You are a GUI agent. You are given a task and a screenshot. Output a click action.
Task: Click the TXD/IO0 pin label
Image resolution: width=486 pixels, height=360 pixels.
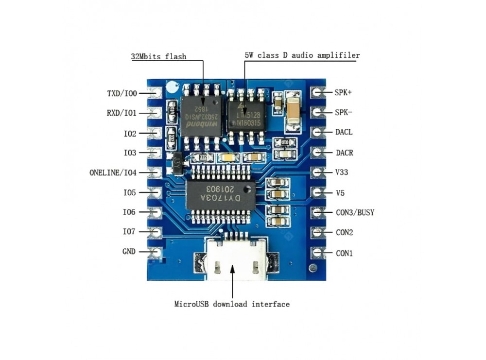click(122, 93)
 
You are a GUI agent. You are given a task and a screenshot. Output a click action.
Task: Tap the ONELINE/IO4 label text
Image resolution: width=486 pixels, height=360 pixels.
click(113, 172)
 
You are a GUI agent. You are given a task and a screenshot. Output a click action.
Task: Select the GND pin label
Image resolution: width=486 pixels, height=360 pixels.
click(129, 252)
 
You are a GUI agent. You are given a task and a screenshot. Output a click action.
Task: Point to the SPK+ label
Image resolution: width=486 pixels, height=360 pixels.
click(344, 92)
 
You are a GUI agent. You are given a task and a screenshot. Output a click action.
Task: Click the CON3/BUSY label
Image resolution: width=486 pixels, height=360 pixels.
click(355, 212)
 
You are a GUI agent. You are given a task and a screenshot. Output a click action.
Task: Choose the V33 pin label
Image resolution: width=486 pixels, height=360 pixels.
click(342, 172)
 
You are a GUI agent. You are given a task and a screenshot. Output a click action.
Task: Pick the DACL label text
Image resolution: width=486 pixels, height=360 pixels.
click(345, 132)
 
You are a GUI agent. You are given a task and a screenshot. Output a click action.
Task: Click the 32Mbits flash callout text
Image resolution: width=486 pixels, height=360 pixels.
click(158, 56)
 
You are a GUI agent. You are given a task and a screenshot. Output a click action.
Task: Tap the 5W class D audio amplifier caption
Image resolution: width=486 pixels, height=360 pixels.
click(302, 55)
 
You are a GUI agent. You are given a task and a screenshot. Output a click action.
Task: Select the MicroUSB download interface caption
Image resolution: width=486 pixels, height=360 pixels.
click(232, 304)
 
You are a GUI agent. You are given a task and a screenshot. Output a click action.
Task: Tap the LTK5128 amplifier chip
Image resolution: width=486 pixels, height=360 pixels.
click(247, 115)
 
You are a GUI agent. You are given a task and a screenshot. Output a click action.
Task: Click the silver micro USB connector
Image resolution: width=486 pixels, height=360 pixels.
click(235, 260)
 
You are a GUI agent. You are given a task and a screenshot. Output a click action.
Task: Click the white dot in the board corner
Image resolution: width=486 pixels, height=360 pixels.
click(171, 87)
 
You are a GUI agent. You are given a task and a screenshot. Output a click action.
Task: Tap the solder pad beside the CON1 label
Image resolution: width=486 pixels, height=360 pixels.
click(318, 253)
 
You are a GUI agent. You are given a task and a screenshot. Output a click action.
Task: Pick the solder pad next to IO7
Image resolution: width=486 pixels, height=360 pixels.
click(156, 232)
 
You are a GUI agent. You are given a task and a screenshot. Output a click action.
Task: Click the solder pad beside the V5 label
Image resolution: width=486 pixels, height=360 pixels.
click(318, 192)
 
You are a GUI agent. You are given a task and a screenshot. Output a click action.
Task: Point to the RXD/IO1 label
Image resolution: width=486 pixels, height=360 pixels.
click(121, 113)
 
